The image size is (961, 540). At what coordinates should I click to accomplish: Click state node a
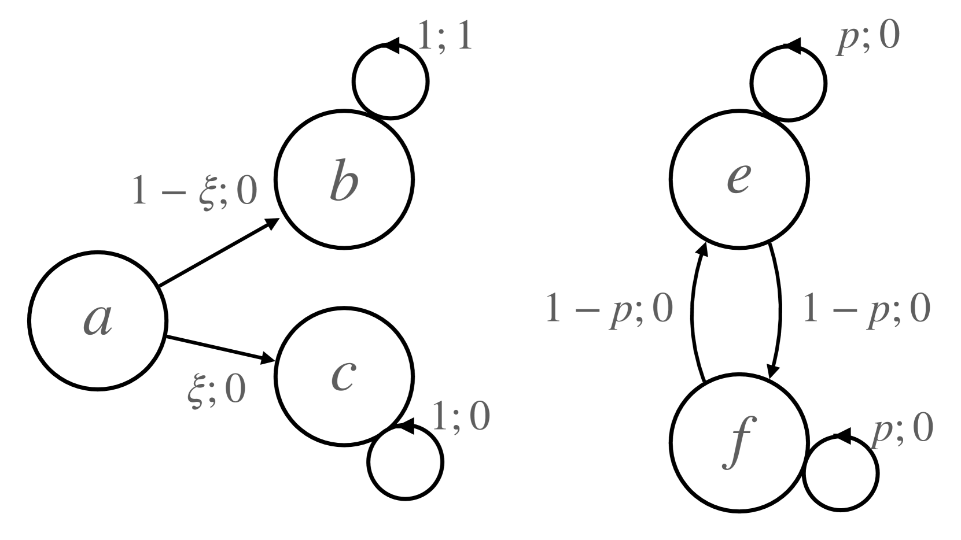click(98, 320)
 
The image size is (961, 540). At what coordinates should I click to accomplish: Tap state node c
click(344, 376)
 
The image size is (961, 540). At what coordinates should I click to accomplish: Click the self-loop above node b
click(391, 81)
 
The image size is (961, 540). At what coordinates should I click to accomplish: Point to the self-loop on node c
click(405, 463)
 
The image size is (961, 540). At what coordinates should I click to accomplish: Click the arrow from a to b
click(217, 253)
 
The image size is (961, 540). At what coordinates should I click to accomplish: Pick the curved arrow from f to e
click(694, 312)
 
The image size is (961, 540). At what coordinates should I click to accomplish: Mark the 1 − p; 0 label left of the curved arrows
click(609, 309)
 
